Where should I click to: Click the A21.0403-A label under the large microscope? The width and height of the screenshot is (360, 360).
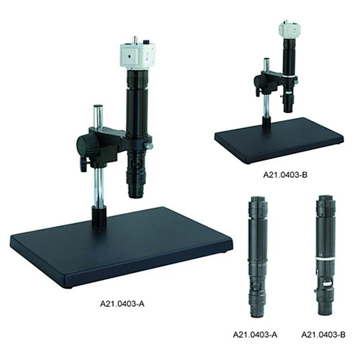pyautogui.click(x=122, y=304)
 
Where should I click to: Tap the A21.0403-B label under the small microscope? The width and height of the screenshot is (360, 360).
pyautogui.click(x=285, y=175)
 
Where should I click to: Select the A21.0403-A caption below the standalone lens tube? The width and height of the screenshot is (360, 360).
pyautogui.click(x=255, y=335)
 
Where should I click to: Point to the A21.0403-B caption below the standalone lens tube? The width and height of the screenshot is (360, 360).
pyautogui.click(x=323, y=335)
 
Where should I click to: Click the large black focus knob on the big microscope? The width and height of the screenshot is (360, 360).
pyautogui.click(x=86, y=146)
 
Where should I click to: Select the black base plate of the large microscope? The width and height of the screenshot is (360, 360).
pyautogui.click(x=121, y=247)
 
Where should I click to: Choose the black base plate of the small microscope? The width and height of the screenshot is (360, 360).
pyautogui.click(x=279, y=140)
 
